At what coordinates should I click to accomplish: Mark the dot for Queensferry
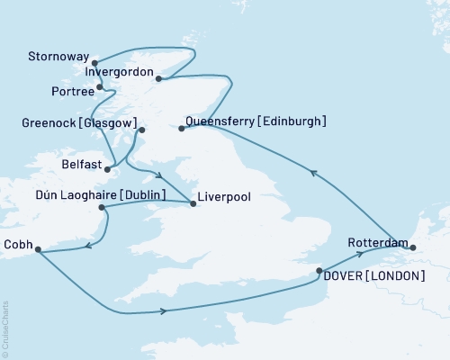tap(181, 129)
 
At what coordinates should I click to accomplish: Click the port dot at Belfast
tap(108, 168)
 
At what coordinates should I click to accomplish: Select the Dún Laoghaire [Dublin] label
tap(93, 193)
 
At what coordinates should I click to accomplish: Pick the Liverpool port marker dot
tap(193, 203)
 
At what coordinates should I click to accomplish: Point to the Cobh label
tap(18, 243)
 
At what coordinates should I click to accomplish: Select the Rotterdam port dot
tap(413, 246)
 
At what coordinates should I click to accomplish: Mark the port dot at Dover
tap(319, 270)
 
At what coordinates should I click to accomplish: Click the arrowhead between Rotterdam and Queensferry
tap(313, 173)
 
